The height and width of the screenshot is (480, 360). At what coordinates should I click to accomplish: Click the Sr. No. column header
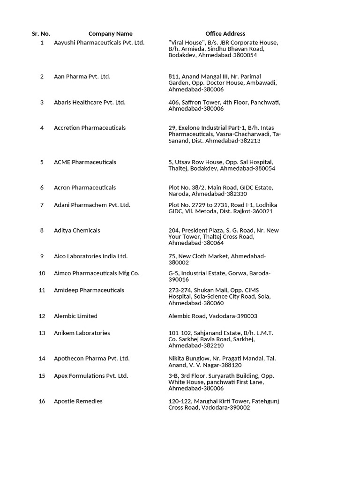41,34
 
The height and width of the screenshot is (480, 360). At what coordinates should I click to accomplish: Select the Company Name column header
110,34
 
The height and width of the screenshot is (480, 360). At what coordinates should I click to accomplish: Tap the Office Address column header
225,34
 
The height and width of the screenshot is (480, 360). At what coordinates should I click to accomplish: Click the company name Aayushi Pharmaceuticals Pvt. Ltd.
99,43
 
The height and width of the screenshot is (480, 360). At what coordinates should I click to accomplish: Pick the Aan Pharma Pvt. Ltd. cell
82,76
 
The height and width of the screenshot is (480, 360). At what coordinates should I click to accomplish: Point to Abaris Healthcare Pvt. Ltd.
90,102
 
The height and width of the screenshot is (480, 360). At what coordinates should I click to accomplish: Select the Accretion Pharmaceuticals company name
90,128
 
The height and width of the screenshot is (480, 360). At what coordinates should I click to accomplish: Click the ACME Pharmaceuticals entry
85,162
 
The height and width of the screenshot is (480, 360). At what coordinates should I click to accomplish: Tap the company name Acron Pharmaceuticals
85,187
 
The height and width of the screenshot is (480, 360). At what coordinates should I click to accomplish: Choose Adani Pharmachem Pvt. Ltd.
92,205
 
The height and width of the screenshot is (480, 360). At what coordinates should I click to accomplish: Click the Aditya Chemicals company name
77,231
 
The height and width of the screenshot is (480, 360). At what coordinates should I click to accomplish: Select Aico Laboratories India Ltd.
90,256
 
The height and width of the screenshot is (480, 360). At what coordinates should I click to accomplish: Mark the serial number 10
42,273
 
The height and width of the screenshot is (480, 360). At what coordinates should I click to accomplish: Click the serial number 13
42,333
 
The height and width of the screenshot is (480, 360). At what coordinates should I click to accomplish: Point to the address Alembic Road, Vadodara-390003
212,316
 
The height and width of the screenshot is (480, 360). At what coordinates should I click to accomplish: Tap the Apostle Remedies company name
78,401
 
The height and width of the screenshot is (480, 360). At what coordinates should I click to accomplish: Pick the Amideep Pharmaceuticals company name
89,291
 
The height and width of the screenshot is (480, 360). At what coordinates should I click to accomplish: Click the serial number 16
42,401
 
